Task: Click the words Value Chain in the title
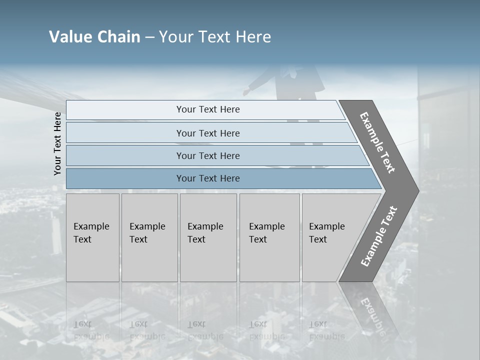point(94,37)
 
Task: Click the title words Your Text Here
point(214,37)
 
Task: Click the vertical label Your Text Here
point(57,143)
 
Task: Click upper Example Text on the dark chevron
point(378,143)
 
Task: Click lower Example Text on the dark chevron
point(378,236)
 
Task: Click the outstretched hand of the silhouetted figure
point(246,92)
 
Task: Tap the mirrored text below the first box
point(91,330)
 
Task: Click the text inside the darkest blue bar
point(208,178)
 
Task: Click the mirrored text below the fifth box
point(327,330)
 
